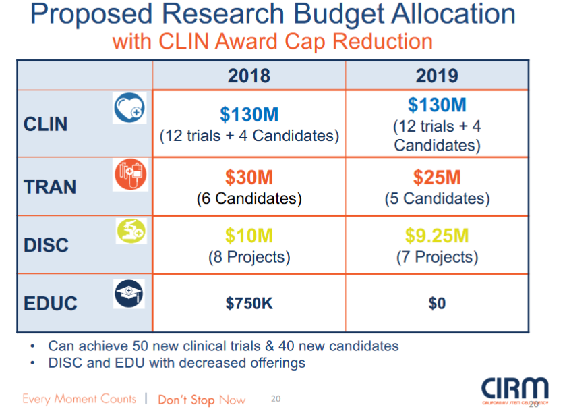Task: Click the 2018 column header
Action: coord(249,76)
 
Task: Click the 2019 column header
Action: coord(437,76)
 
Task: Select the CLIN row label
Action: coord(46,124)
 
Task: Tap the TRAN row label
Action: coord(50,186)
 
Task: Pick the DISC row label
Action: coord(47,244)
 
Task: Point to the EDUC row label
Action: coord(51,303)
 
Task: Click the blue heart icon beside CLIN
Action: coord(129,108)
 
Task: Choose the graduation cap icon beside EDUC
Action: coord(129,293)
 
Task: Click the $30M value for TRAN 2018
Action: coord(249,178)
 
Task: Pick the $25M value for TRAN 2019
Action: coord(437,178)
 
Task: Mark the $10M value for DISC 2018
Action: coord(249,236)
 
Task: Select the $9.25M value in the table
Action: coord(437,236)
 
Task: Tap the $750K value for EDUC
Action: coord(249,304)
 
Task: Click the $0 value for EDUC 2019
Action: coord(437,304)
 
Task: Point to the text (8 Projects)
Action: coord(249,257)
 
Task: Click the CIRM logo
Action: coord(514,389)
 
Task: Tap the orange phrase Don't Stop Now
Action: coord(202,400)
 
